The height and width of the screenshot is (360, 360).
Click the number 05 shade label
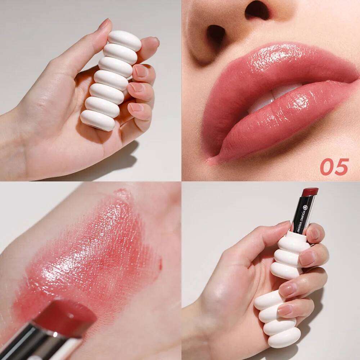tap(334, 167)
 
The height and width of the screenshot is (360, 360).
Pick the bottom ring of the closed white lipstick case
tap(98, 120)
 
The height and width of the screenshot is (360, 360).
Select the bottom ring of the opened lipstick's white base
tap(283, 337)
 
